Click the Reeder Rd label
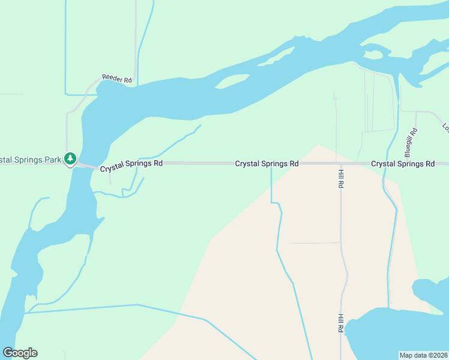pos(116,79)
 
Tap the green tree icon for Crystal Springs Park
pos(71,159)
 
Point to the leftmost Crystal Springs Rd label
pos(131,166)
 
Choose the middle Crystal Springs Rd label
pos(267,163)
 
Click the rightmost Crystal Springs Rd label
pos(403,163)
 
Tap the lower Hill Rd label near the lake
pos(340,323)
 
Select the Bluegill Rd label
pos(412,139)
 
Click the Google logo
pos(20,353)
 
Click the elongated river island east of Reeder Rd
pos(232,81)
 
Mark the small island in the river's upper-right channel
pos(372,55)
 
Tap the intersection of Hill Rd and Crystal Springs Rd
pos(340,163)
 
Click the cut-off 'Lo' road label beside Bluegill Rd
pos(445,127)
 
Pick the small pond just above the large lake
pos(429,290)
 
